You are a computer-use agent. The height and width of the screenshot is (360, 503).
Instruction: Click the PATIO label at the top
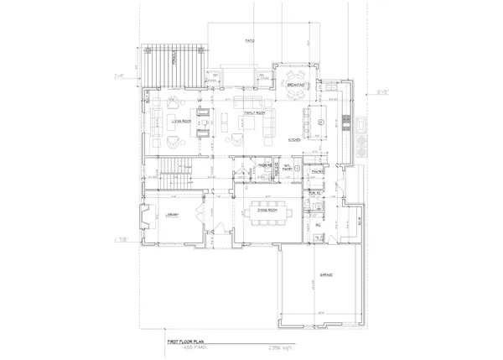pos(249,40)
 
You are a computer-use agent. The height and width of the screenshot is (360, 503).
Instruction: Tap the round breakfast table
pos(294,94)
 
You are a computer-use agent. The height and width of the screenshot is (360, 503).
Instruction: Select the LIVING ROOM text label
pos(183,121)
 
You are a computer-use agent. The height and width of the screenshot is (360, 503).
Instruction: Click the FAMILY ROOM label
pos(250,112)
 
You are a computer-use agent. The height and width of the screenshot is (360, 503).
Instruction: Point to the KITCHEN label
pos(294,140)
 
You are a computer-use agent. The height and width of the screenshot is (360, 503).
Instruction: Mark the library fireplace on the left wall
pos(145,221)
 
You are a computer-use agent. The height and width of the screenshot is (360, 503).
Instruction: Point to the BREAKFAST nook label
pos(295,84)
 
